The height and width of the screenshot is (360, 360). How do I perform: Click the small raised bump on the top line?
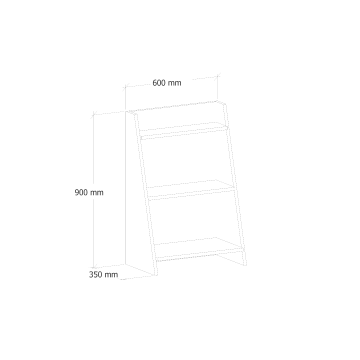160,77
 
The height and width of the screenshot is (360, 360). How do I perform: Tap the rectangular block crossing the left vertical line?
88,191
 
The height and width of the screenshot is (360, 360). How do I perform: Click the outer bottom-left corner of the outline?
90,276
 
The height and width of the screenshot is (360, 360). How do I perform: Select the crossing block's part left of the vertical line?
80,191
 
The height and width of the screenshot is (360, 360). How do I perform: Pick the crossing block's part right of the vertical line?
99,191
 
